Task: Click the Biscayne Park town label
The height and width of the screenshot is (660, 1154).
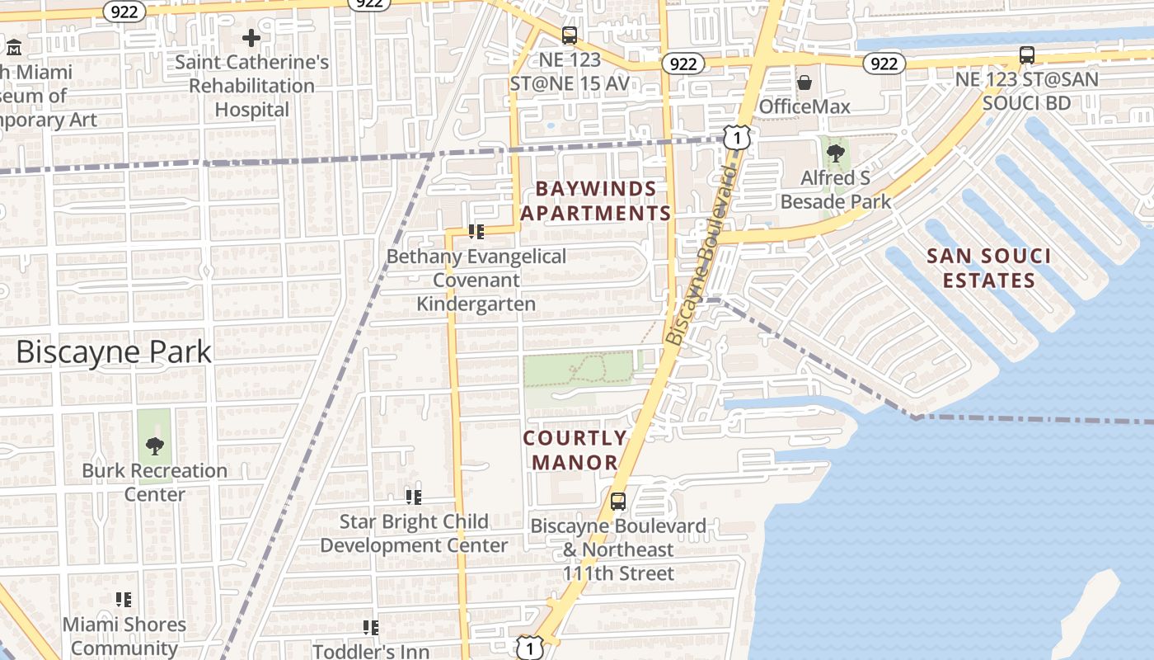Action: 114,352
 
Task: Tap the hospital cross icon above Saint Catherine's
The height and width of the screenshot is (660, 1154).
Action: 251,38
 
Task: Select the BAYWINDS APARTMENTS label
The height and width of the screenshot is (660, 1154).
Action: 596,201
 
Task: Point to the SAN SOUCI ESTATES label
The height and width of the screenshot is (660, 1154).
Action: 988,268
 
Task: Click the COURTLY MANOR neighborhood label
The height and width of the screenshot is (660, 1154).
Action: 575,450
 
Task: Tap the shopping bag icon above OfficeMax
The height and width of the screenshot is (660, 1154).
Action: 804,82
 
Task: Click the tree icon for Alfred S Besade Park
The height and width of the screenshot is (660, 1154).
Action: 835,153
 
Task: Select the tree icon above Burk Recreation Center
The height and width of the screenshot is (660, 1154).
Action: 154,446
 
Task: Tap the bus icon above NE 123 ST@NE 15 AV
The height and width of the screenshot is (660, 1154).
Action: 569,35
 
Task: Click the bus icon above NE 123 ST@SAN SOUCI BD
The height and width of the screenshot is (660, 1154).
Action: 1026,55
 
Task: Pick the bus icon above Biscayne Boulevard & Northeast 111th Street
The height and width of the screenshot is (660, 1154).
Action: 617,501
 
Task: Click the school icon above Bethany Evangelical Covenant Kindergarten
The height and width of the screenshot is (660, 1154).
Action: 476,232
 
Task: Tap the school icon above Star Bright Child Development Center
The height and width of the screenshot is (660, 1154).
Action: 413,497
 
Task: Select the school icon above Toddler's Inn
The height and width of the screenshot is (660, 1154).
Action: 371,628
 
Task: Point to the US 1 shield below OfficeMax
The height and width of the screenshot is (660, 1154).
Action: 737,138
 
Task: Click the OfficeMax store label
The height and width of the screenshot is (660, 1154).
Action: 804,106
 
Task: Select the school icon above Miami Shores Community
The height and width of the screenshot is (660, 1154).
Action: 124,600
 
